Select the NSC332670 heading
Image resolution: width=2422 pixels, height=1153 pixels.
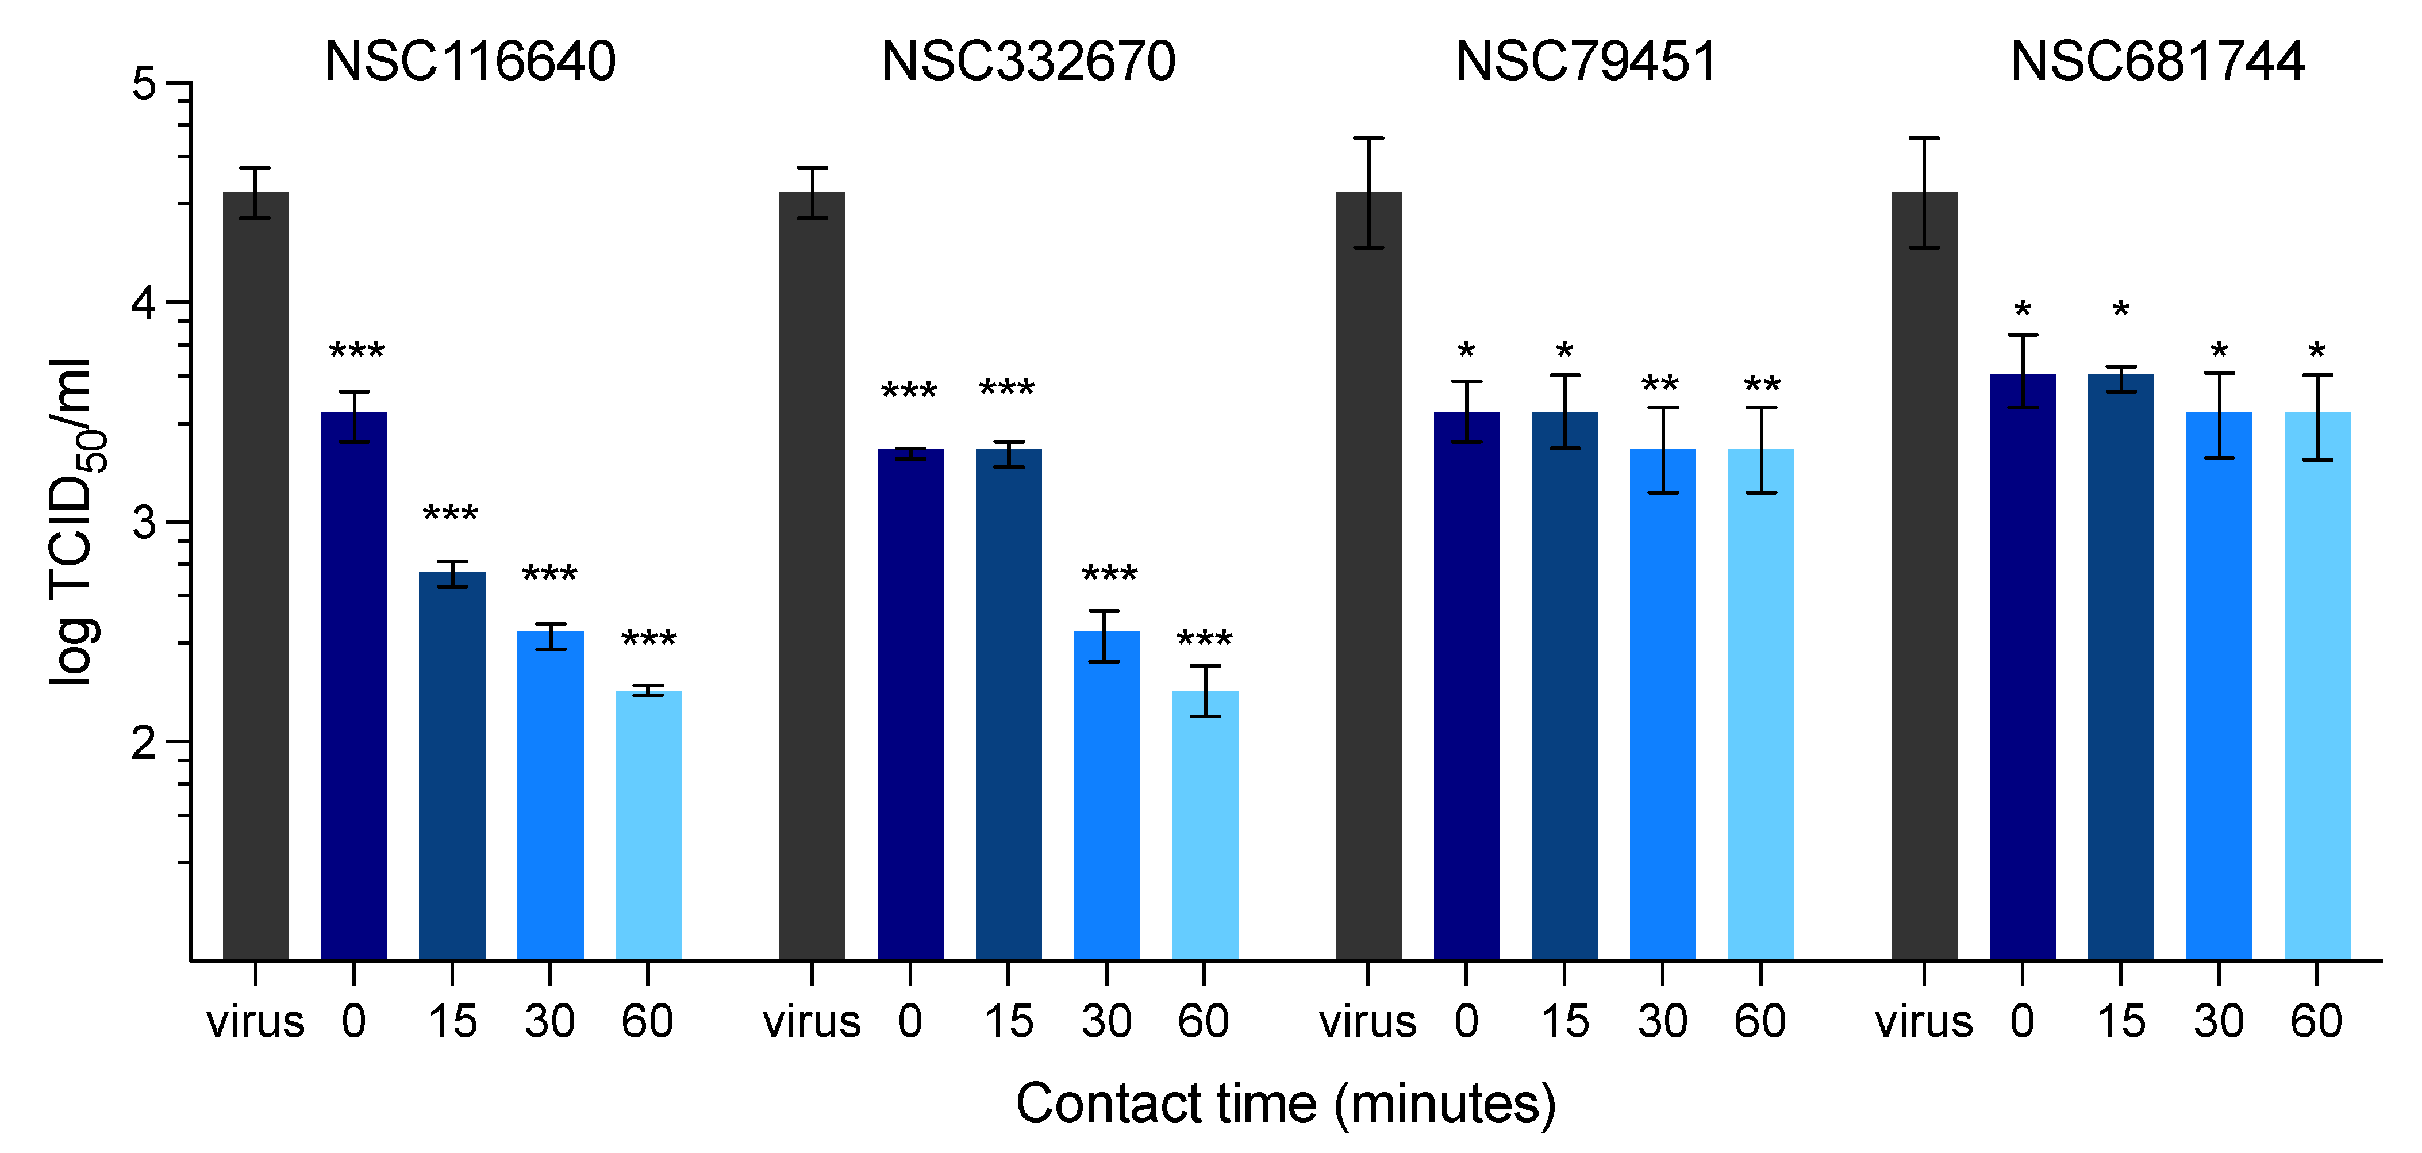[x=1028, y=62]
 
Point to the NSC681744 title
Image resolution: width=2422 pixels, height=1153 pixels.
[x=2156, y=62]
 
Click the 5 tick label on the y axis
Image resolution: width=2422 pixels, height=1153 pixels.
[x=144, y=85]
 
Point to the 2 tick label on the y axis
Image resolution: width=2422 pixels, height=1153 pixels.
[x=144, y=743]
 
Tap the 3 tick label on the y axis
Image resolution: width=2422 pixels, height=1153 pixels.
[x=144, y=523]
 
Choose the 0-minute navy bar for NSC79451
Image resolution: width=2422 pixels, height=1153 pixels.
[x=1467, y=687]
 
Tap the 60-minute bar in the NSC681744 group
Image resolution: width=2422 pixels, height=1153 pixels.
[x=2317, y=687]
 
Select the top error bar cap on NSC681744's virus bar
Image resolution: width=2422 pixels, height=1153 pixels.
[x=1925, y=138]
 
